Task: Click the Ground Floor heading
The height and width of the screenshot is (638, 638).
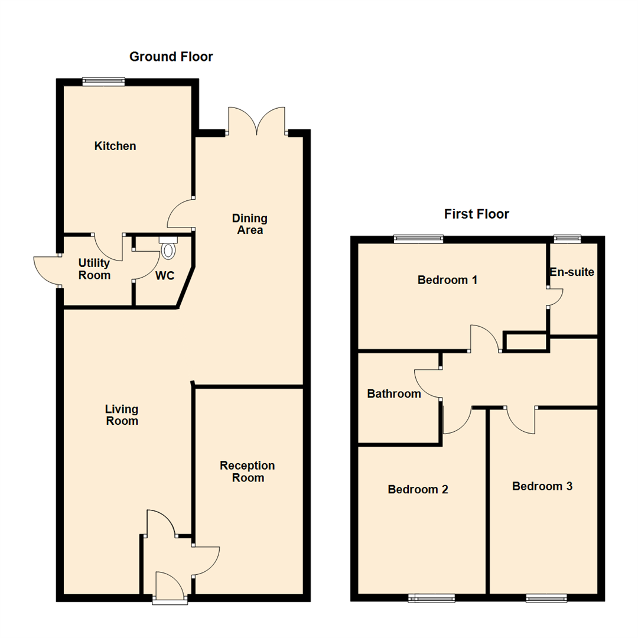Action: click(171, 57)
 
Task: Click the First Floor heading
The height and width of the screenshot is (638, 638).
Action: click(477, 214)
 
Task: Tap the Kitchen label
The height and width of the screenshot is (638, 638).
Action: click(115, 146)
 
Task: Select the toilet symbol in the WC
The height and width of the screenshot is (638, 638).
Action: click(168, 248)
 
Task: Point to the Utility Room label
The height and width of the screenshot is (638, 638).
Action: click(94, 269)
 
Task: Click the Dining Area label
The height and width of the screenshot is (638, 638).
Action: click(250, 224)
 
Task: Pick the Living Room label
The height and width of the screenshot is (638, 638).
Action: click(122, 415)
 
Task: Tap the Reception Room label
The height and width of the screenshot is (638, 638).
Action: click(248, 471)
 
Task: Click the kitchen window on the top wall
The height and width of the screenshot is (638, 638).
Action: click(103, 82)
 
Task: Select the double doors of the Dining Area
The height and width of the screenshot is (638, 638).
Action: click(257, 121)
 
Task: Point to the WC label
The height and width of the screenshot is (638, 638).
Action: click(165, 275)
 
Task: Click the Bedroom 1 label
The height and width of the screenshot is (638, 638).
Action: click(447, 280)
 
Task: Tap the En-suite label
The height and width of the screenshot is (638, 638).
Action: click(572, 272)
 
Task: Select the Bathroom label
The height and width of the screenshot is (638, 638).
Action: click(394, 393)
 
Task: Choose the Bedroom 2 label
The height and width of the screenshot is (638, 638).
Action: click(418, 489)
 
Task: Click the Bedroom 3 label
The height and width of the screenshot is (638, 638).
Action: click(542, 486)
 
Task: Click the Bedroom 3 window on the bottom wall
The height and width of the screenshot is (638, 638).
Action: click(546, 598)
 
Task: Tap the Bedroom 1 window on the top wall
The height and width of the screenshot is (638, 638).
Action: click(418, 239)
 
